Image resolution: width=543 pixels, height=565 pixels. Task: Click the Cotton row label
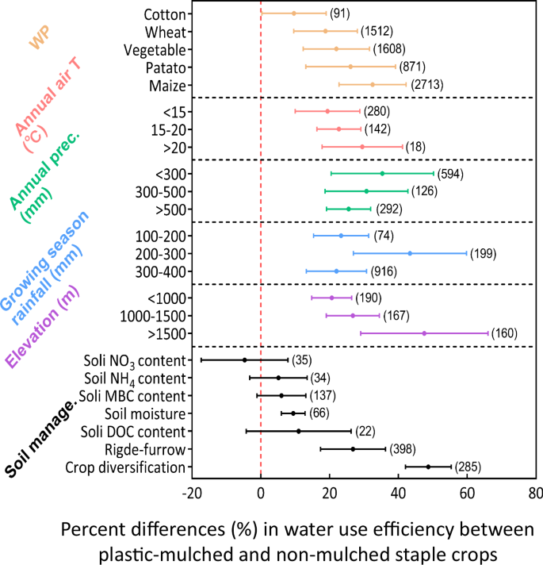pyautogui.click(x=165, y=14)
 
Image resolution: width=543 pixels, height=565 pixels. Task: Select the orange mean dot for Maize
pyautogui.click(x=372, y=85)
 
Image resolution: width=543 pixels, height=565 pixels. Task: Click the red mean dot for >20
pyautogui.click(x=362, y=147)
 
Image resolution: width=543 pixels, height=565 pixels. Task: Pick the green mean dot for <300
pyautogui.click(x=382, y=173)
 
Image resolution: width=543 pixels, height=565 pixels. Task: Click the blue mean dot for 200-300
pyautogui.click(x=410, y=253)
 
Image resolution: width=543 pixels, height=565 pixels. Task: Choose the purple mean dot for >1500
pyautogui.click(x=424, y=333)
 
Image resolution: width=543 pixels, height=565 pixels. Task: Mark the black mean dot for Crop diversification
pyautogui.click(x=428, y=467)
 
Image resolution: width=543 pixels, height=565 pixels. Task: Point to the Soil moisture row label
pyautogui.click(x=145, y=413)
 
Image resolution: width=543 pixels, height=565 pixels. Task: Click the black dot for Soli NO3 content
pyautogui.click(x=244, y=360)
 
